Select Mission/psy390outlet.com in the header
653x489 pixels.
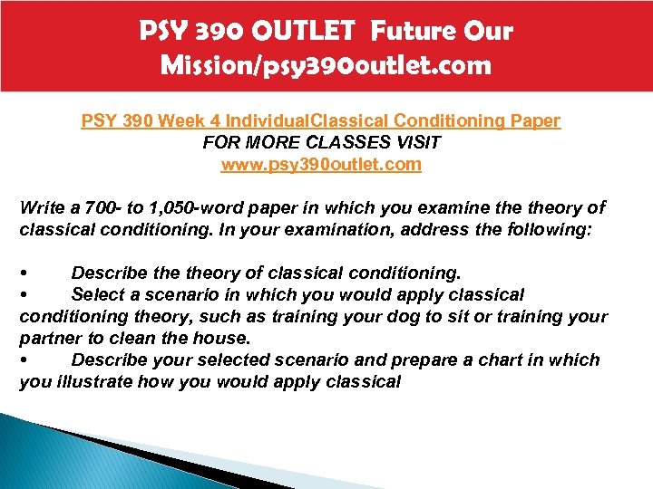click(x=326, y=65)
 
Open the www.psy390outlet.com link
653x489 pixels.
click(x=322, y=164)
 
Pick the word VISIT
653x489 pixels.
click(x=424, y=142)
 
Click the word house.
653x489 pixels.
click(x=225, y=339)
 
